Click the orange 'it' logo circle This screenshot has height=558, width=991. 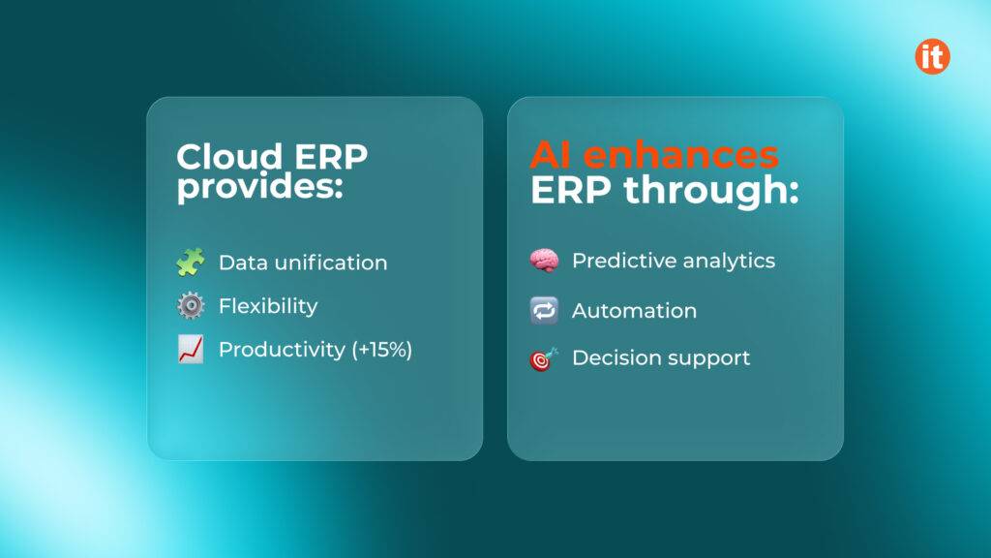[x=932, y=56]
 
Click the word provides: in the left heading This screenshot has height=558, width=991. [x=259, y=187]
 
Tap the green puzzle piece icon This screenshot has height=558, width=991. [x=191, y=263]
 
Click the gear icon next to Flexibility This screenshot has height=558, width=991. [x=191, y=306]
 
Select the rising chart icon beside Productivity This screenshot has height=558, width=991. [x=191, y=350]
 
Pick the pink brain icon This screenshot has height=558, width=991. [x=544, y=261]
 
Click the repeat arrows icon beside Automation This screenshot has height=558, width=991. [x=544, y=311]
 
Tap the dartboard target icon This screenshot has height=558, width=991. [x=544, y=358]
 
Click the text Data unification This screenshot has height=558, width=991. [x=303, y=263]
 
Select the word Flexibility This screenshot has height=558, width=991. [x=268, y=306]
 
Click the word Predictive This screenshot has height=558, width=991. [x=616, y=261]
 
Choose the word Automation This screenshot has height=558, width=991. [x=634, y=311]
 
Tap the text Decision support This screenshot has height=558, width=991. [x=661, y=357]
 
